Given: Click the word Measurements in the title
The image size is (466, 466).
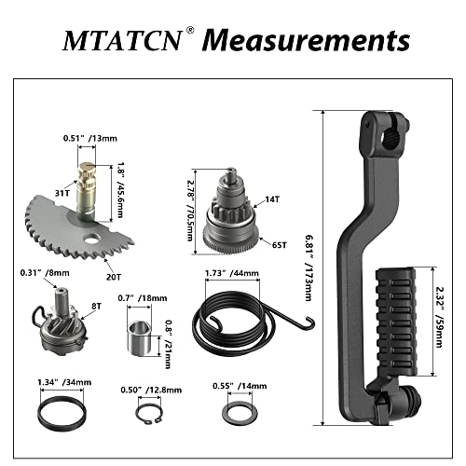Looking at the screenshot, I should pos(307,41).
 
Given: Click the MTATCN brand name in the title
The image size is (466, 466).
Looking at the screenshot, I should pos(119,41).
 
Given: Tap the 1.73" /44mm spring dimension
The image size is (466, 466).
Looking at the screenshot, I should pos(230,273).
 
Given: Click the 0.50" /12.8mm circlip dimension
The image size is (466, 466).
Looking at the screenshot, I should pos(145,390).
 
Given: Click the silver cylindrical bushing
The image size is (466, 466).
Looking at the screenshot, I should pos(140,332).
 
